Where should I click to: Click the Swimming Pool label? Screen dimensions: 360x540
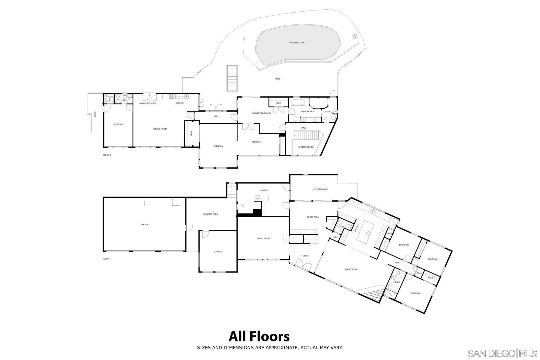297,43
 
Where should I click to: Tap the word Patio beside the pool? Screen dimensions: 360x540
277,79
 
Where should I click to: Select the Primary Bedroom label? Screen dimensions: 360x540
261,113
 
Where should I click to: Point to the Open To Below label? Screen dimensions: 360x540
306,147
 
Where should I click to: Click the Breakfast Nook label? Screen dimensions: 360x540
148,103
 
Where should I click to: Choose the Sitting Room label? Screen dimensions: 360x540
160,129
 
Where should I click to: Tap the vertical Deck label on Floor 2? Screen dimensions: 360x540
95,114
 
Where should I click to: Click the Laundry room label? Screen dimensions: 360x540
264,190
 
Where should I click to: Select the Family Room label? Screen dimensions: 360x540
263,238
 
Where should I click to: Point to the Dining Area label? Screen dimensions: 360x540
313,217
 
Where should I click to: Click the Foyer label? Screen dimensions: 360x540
304,256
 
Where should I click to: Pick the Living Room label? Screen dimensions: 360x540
351,269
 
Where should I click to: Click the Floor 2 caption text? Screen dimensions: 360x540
107,155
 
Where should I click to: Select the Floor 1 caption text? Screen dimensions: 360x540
106,259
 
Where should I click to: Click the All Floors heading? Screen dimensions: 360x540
259,336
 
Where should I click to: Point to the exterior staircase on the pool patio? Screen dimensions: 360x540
232,78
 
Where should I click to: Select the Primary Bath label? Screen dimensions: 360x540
307,112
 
